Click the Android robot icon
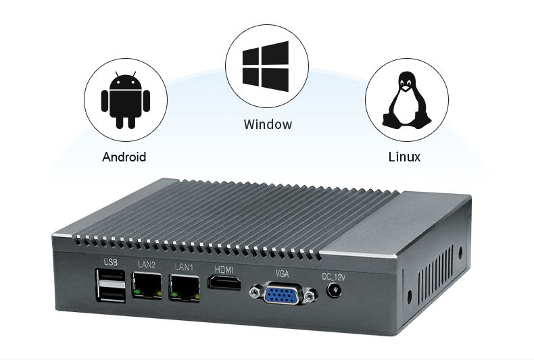coord(126,100)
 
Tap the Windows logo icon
coord(266,66)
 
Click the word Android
coord(124,157)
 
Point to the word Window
coord(268,124)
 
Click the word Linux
coord(405,157)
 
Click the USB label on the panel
coord(111,262)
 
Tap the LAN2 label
coord(147,264)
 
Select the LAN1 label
coord(184,267)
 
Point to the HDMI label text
coord(224,270)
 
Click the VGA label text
coord(282,274)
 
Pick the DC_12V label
coord(333,278)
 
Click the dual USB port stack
coord(111,285)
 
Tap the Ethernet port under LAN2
coord(147,285)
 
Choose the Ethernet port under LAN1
coord(185,288)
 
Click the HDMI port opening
coord(224,282)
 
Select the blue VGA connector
coord(282,294)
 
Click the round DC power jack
coord(334,291)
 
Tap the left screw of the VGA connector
coord(254,292)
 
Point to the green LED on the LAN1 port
coord(174,294)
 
